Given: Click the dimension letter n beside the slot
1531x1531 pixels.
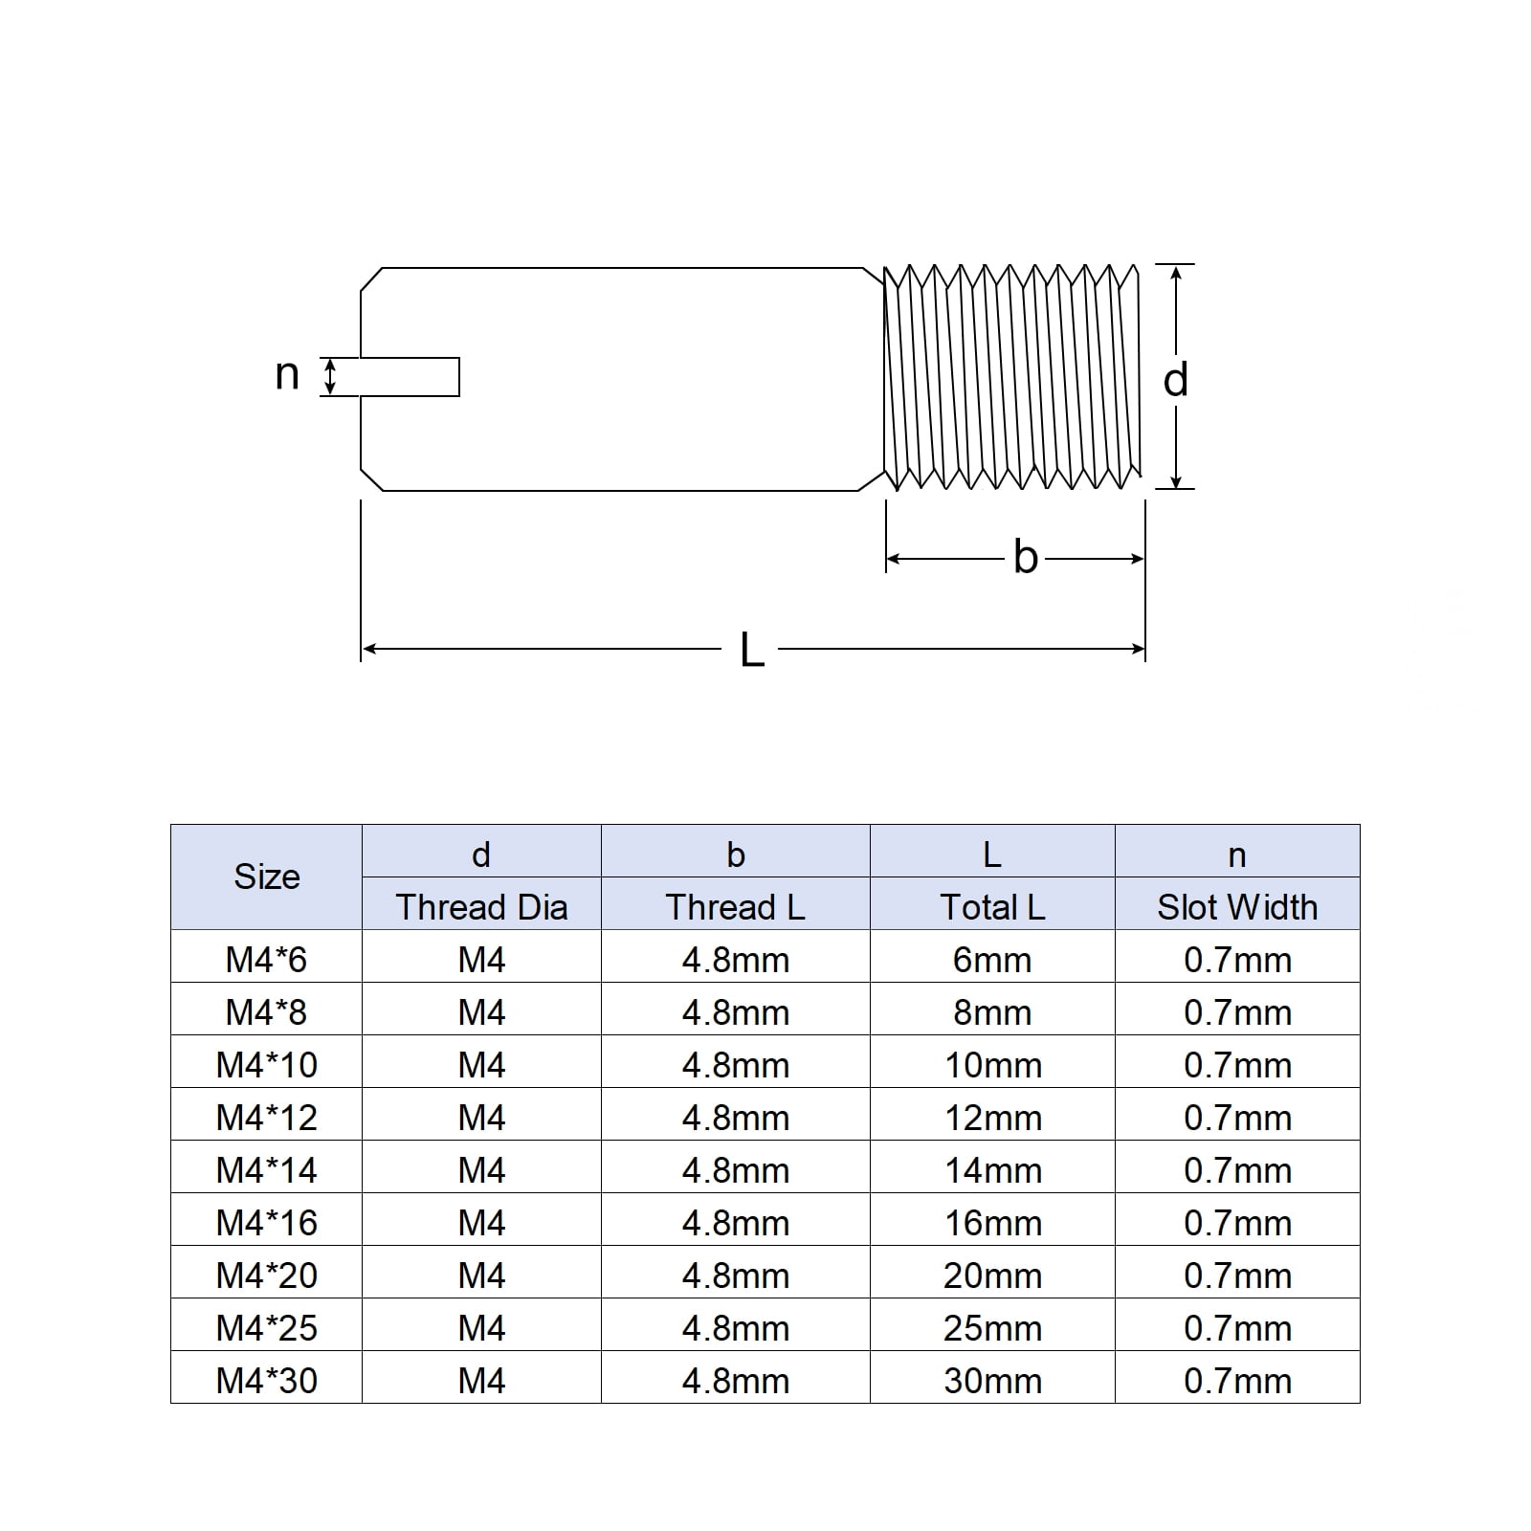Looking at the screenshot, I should click(x=287, y=375).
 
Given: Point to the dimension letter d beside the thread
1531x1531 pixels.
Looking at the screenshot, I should click(x=1176, y=380).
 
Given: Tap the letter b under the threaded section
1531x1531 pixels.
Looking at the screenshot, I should click(x=1026, y=558).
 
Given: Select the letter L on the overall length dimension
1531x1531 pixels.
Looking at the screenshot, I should click(x=752, y=651).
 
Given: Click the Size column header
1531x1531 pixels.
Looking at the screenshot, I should click(x=267, y=876).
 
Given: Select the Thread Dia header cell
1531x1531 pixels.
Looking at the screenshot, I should click(x=481, y=907).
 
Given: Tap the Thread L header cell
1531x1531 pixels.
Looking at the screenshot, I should click(x=735, y=907).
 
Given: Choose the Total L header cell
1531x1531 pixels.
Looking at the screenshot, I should click(x=992, y=907).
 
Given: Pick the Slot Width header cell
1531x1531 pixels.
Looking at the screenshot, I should click(x=1237, y=907).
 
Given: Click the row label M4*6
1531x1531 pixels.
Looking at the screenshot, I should click(x=267, y=960).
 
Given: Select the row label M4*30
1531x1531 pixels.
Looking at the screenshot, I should click(x=267, y=1381).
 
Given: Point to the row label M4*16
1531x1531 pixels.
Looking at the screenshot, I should click(x=267, y=1223).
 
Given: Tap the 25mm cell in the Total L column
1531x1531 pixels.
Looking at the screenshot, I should click(x=992, y=1328).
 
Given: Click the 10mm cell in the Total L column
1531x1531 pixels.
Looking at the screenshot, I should click(x=992, y=1065).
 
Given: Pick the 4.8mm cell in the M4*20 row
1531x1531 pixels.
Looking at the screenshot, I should click(x=735, y=1276).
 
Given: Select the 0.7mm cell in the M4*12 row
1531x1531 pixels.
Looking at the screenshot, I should click(x=1237, y=1118).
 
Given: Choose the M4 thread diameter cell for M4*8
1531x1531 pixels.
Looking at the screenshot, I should click(x=481, y=1012).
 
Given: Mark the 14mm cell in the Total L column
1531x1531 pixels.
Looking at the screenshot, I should click(x=992, y=1170).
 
